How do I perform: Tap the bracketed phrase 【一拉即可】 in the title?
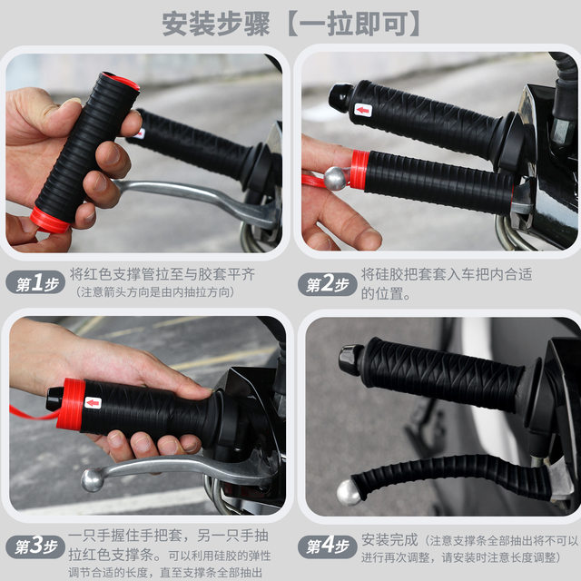tap(353, 23)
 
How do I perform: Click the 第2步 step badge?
tap(328, 284)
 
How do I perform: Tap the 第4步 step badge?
tap(328, 547)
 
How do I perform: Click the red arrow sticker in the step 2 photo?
tap(363, 111)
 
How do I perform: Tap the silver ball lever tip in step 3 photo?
tap(92, 479)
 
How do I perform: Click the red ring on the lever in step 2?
tap(359, 170)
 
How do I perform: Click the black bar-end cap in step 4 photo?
tap(351, 359)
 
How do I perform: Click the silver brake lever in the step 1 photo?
tap(191, 195)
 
